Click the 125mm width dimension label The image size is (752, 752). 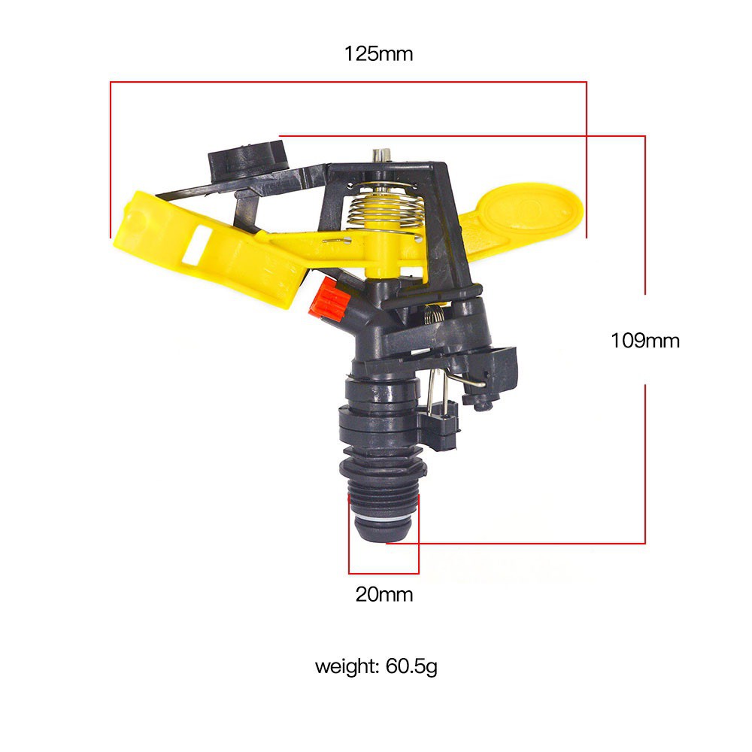coord(378,53)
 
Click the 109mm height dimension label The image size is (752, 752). coord(645,341)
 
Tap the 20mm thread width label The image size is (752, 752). coord(384,594)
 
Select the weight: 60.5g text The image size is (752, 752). coord(376,666)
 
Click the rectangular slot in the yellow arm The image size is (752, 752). coord(197,245)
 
